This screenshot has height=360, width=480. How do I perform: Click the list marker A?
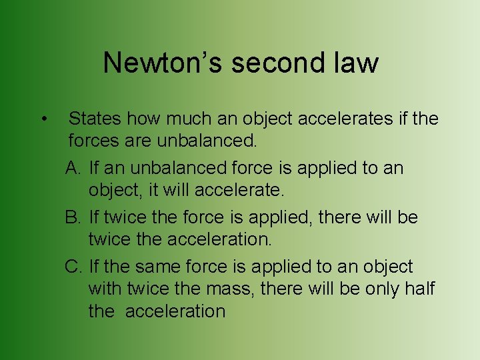tap(73, 167)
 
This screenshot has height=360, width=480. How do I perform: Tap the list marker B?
tap(73, 217)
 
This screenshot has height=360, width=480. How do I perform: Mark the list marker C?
tap(73, 267)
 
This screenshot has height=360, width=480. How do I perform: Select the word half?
tap(418, 289)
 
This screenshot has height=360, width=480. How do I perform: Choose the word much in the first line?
tap(189, 119)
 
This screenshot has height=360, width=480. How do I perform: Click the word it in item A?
tap(153, 190)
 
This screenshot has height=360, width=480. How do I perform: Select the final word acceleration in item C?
tap(176, 311)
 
